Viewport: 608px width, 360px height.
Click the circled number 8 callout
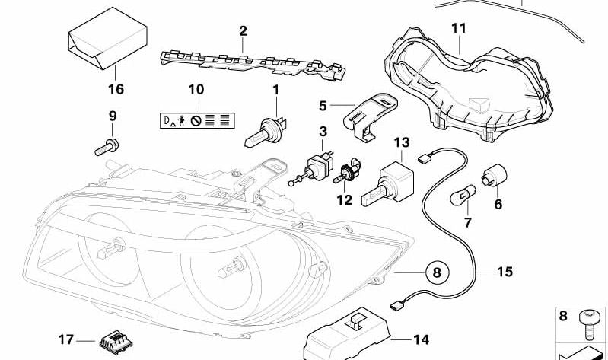[436, 271]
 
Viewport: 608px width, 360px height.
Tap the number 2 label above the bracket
[243, 31]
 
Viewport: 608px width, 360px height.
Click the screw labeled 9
[107, 145]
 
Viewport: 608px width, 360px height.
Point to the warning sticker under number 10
[195, 120]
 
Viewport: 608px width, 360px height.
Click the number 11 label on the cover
[457, 28]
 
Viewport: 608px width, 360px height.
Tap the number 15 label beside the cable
[505, 271]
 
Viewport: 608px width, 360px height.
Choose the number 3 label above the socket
[323, 132]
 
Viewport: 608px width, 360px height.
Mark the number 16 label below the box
[115, 88]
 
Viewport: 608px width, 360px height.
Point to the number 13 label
[401, 143]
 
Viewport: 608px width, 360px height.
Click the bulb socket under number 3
[320, 166]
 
